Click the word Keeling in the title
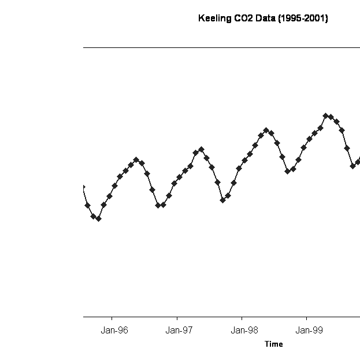[214, 18]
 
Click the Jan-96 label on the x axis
[114, 331]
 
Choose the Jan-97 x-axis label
[179, 331]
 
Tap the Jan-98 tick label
[244, 331]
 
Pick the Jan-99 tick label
[309, 331]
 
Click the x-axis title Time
[274, 344]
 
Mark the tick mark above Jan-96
[112, 319]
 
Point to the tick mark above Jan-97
[177, 319]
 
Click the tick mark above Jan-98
[242, 319]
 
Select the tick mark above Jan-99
[306, 319]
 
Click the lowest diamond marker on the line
[98, 218]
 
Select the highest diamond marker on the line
[325, 116]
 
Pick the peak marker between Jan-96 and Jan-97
[136, 159]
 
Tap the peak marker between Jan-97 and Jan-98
[201, 149]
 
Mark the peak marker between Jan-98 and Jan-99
[266, 130]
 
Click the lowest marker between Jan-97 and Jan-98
[222, 200]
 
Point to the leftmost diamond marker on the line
[83, 187]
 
